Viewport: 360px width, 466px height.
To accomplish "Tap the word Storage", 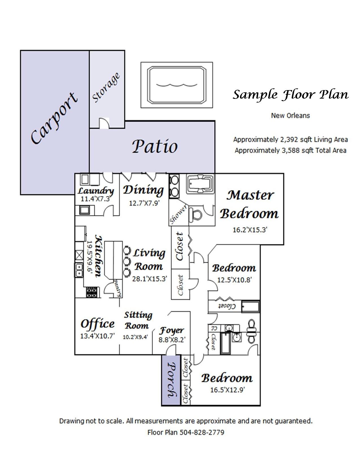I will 106,88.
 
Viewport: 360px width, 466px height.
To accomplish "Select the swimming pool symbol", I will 177,85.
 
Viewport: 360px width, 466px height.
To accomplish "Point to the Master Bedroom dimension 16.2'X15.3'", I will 250,230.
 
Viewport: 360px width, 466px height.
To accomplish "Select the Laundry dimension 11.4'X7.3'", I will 95,199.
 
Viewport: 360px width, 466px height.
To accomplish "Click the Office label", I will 97,324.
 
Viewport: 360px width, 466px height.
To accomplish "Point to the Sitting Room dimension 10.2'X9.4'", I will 136,337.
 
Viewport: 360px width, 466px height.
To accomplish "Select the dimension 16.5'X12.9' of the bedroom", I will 227,390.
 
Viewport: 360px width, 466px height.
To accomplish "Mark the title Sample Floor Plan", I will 291,95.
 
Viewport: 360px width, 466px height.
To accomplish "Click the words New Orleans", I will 290,116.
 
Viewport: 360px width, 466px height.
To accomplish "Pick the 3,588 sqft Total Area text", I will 290,151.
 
